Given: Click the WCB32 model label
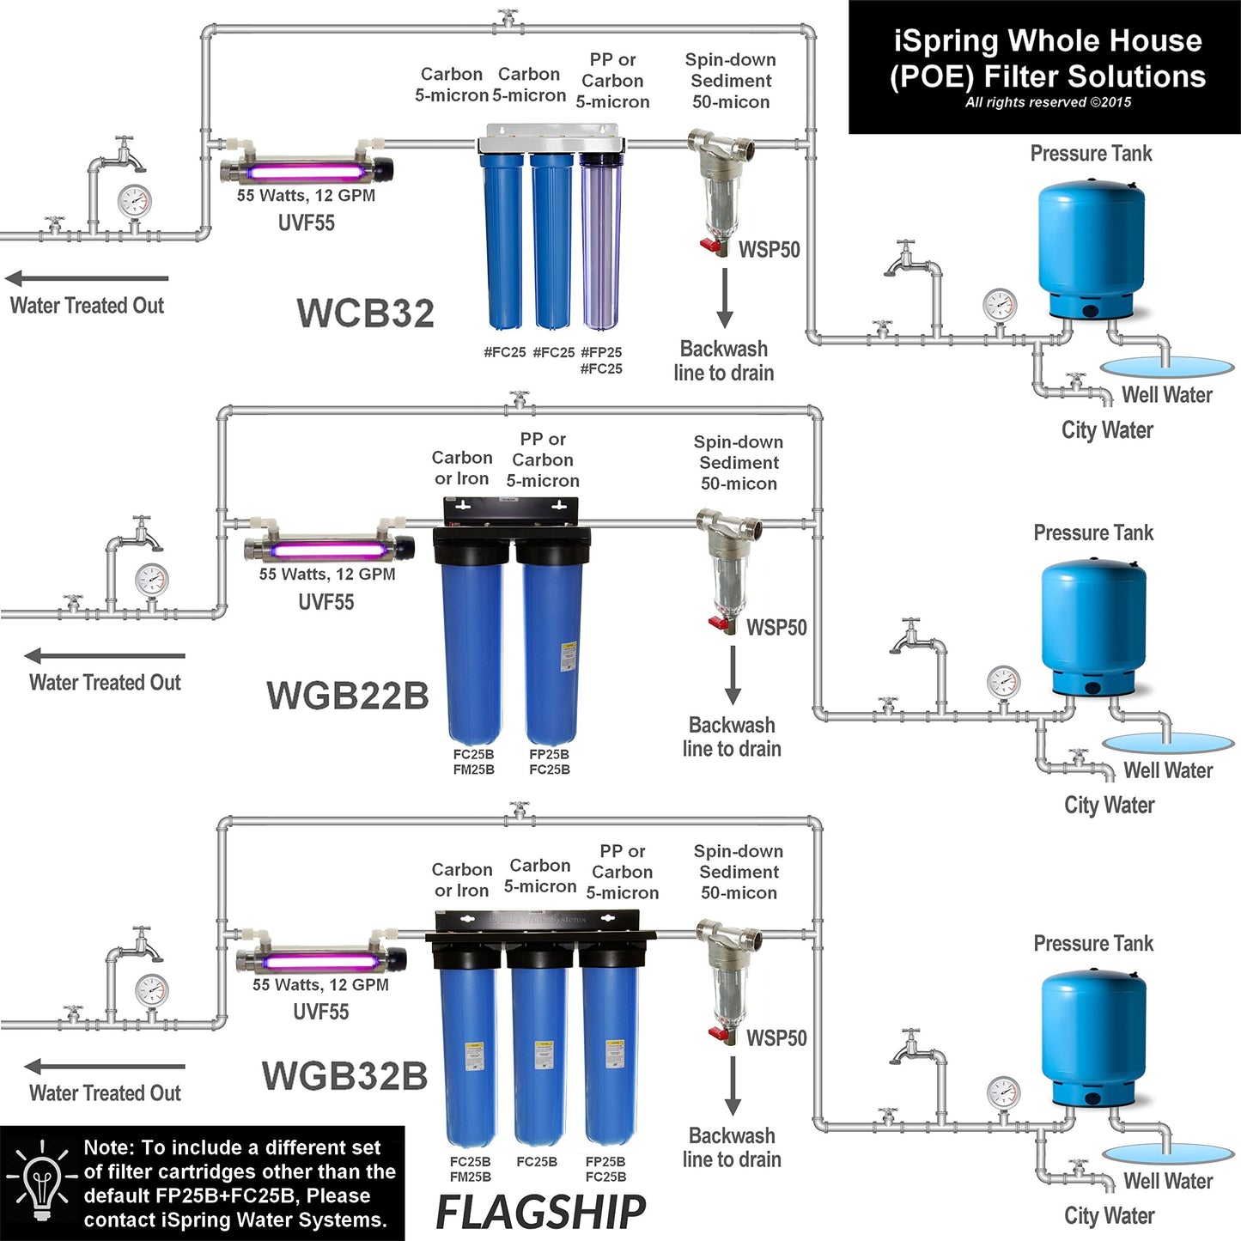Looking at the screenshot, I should [366, 313].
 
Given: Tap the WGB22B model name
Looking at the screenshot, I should [348, 696].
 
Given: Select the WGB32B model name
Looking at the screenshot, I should [344, 1075].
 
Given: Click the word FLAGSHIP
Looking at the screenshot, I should [541, 1212].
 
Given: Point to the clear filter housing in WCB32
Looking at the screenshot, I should [601, 240].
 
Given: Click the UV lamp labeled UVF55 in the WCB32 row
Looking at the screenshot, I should [307, 170].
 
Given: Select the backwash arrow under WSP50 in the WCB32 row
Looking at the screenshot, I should [725, 297].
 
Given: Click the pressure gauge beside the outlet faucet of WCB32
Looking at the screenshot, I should [134, 202].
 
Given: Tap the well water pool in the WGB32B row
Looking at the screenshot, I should [1168, 1153].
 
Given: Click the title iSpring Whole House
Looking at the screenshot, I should [1048, 41].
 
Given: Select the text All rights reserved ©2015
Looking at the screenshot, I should [1048, 102].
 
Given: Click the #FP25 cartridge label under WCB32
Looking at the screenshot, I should [601, 352].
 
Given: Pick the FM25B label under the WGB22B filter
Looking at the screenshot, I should [474, 770].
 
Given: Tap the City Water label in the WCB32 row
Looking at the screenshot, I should [1107, 430].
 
